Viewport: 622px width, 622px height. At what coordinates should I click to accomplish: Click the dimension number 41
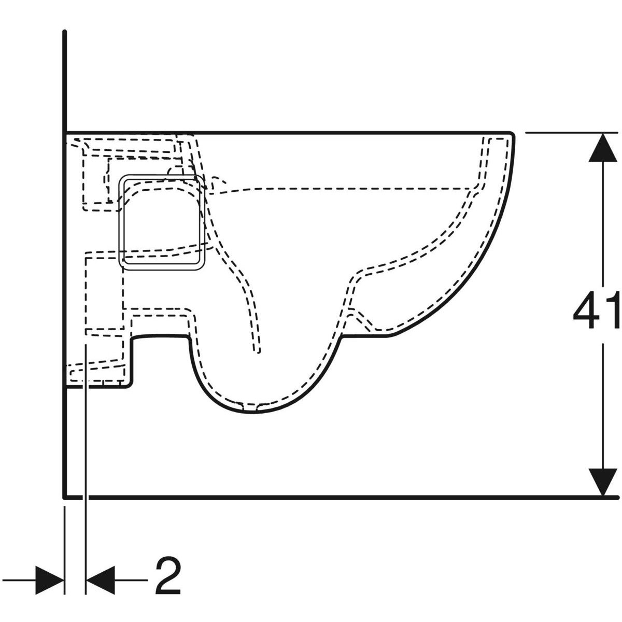[597, 310]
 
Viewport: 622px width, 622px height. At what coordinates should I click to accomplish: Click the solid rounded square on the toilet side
[162, 222]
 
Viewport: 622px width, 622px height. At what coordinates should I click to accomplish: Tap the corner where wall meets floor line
[65, 498]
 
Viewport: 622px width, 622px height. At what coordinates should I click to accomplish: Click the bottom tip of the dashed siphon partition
[258, 352]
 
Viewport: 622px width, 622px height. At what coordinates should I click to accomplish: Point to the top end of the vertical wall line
[65, 32]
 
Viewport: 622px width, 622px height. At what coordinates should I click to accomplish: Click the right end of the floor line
[617, 498]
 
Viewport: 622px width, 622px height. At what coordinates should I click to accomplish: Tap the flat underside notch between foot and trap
[160, 337]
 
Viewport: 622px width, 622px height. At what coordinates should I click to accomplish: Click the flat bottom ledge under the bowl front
[364, 337]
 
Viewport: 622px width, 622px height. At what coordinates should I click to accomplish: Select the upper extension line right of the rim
[571, 132]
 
